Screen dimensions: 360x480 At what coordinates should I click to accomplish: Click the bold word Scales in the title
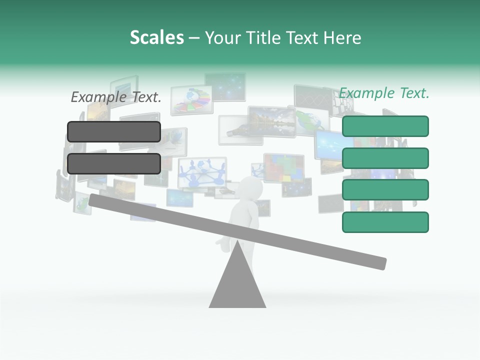point(156,38)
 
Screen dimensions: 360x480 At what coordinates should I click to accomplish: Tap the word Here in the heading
point(341,38)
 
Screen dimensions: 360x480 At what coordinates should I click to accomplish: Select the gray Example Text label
point(116,97)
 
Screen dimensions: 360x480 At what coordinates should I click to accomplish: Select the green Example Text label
point(384,93)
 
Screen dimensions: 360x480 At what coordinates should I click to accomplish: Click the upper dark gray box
point(114,131)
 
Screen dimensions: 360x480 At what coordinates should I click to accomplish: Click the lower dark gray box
point(114,163)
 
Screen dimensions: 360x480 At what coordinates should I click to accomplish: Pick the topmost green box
point(385,126)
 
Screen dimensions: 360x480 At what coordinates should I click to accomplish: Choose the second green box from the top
point(385,158)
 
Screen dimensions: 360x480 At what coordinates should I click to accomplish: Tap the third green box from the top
point(385,190)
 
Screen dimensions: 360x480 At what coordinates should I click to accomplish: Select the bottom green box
point(385,222)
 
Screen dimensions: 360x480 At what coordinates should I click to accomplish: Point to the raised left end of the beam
point(95,200)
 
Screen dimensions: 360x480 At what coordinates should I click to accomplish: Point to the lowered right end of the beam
point(380,263)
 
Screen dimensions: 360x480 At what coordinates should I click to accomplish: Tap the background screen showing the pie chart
point(191,99)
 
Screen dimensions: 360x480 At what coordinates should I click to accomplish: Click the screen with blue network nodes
point(201,171)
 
